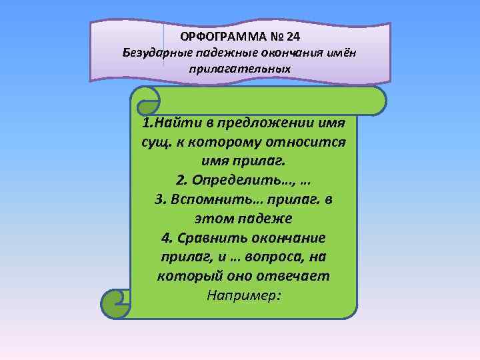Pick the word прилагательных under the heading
coord(240,68)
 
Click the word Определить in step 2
coord(229,180)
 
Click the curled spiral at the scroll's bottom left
coord(115,303)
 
